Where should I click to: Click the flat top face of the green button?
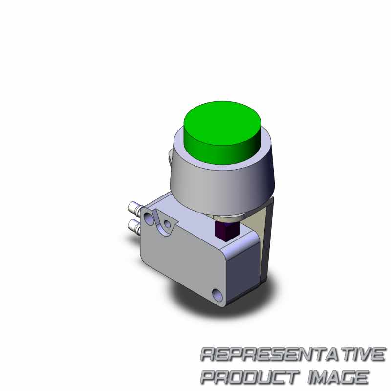coord(222,123)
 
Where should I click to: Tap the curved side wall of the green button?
coord(222,154)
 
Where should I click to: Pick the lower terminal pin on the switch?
coord(134,226)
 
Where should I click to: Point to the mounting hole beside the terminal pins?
coord(149,219)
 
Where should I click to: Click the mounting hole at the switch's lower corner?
coord(217,295)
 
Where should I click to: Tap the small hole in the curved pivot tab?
coord(168,224)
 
